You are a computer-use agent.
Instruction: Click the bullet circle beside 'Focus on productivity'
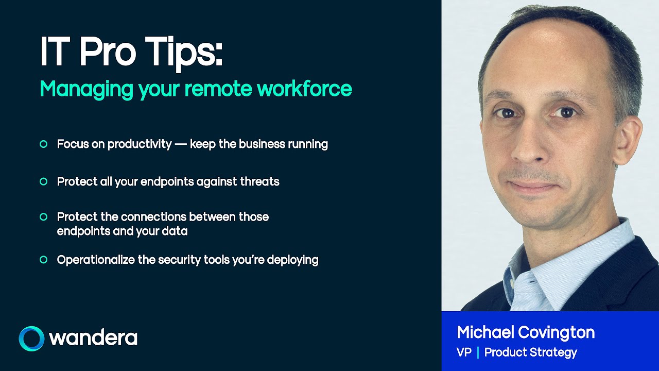tap(44, 144)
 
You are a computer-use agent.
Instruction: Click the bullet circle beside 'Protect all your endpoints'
tap(44, 181)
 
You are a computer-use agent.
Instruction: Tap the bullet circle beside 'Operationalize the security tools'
tap(44, 260)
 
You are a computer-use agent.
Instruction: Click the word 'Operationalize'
tap(96, 260)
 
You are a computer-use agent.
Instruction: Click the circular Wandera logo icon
tap(31, 339)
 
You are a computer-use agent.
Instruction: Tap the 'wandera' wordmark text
tap(93, 339)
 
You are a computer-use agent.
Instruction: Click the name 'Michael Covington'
tap(526, 332)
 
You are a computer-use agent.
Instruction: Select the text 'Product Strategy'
tap(531, 352)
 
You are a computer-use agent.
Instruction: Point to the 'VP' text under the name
tap(464, 352)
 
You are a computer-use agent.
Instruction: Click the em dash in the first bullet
tap(181, 144)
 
